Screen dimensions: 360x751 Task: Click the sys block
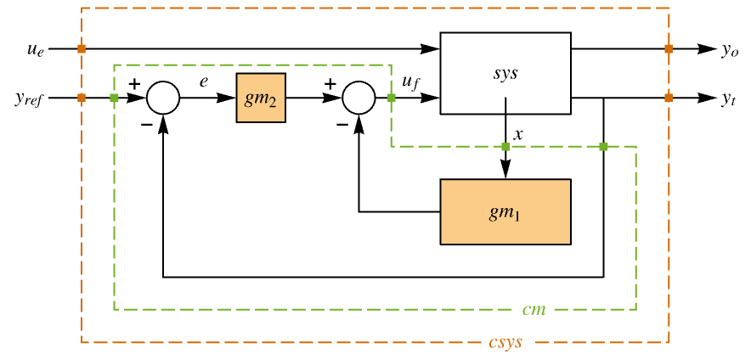(x=505, y=73)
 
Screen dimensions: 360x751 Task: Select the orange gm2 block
(x=261, y=98)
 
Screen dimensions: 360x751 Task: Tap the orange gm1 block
(x=505, y=211)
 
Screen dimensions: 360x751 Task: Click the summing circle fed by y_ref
(x=163, y=98)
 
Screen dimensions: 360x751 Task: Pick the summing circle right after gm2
(x=359, y=98)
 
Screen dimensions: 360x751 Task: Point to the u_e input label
(x=35, y=49)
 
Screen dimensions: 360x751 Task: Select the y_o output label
(x=730, y=50)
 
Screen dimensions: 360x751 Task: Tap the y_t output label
(x=729, y=99)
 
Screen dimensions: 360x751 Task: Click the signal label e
(x=204, y=82)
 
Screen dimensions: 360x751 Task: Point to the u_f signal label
(x=409, y=82)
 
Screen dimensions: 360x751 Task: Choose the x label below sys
(x=518, y=133)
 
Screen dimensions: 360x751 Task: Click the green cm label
(x=534, y=309)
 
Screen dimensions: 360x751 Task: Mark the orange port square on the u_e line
(x=82, y=49)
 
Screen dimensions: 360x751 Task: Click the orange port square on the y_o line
(x=669, y=49)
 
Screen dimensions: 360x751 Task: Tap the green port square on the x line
(x=505, y=147)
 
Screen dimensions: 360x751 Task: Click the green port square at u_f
(x=391, y=98)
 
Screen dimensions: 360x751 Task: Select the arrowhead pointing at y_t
(x=708, y=98)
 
